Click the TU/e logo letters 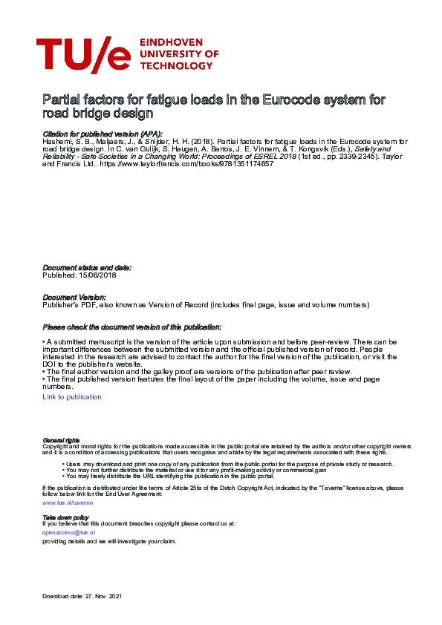point(82,54)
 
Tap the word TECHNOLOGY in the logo point(176,65)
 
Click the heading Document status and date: point(87,267)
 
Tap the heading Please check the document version point(131,327)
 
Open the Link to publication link point(72,397)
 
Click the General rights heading point(61,440)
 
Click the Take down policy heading point(65,517)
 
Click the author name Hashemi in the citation point(56,141)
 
